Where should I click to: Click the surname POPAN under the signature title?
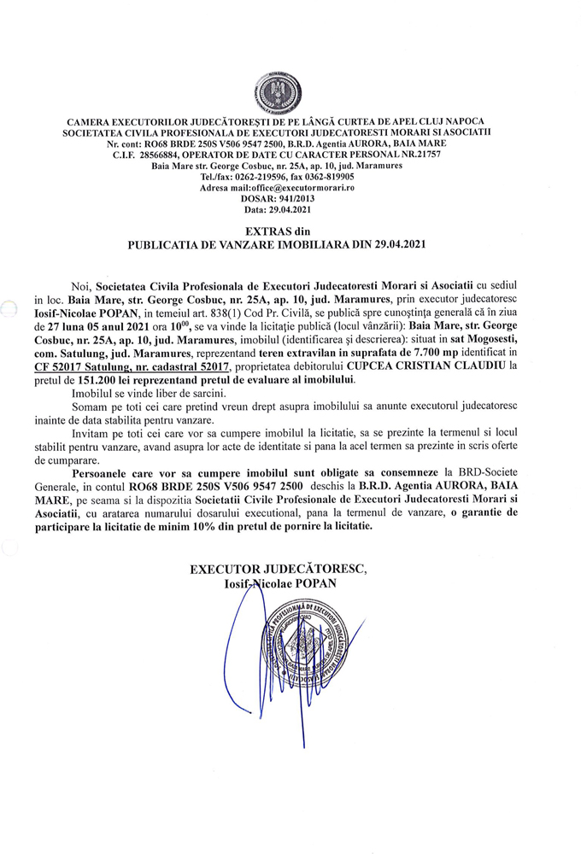coord(315,582)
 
